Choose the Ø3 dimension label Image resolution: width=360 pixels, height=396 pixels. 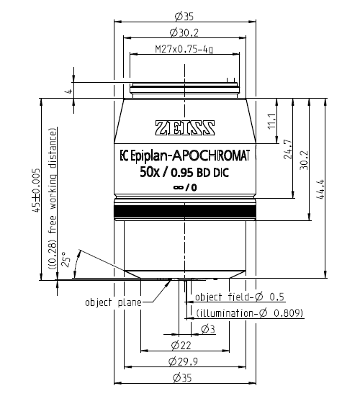click(207, 329)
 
